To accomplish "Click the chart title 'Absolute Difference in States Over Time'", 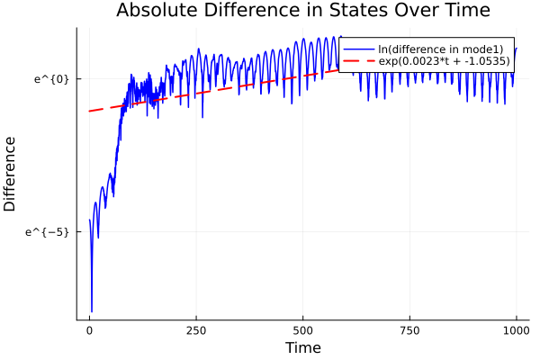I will [x=302, y=11].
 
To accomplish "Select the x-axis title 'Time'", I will [x=302, y=347].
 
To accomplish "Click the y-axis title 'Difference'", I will [x=11, y=174].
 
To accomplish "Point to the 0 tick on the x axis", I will [x=89, y=330].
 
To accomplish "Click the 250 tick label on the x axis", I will [x=196, y=330].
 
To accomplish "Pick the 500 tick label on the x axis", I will [x=302, y=330].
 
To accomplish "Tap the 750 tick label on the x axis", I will [x=409, y=330].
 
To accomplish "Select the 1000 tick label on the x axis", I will [x=516, y=330].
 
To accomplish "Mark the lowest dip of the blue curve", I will [x=92, y=310].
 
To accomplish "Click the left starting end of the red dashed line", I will [x=89, y=111].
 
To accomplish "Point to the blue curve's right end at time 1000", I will [x=517, y=49].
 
